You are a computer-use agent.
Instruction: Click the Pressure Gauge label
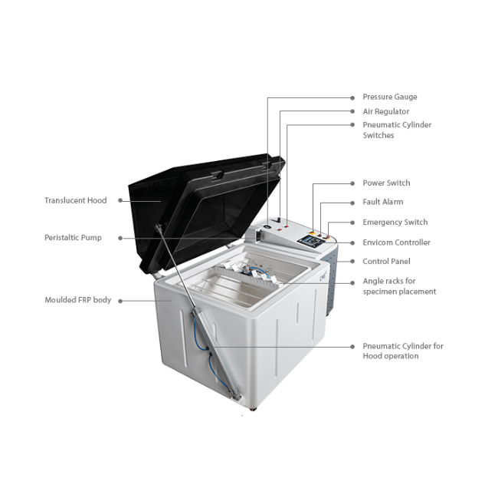390,97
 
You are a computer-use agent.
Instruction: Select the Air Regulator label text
386,112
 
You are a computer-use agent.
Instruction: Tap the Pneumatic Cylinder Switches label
397,130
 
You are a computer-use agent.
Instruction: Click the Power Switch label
386,183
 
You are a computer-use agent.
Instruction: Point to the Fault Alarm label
383,202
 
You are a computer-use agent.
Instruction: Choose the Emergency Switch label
395,222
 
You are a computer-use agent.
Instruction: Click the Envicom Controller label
396,242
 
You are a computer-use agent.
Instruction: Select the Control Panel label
386,261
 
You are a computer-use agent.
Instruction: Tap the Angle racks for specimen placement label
399,286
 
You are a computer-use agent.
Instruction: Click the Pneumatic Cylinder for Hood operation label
403,351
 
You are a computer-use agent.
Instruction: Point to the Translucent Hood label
76,200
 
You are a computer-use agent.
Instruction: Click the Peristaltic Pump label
73,238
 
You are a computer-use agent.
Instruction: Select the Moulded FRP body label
78,300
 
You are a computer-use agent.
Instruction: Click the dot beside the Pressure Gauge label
352,98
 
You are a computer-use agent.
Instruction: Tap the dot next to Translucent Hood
120,200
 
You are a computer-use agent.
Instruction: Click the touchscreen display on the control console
310,242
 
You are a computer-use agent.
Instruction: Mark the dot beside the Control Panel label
352,262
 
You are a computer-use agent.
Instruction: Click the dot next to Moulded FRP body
120,301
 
